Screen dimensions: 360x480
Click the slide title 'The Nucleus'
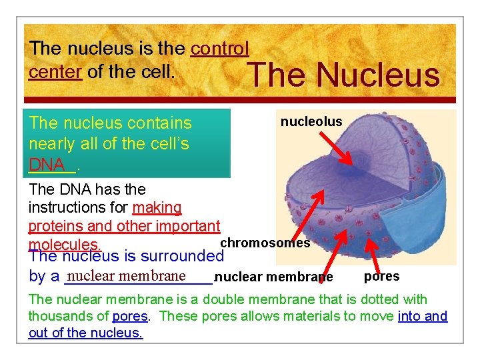344,74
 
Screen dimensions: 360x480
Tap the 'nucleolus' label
311,121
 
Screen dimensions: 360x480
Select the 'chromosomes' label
265,243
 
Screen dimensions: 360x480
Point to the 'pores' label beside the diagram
382,276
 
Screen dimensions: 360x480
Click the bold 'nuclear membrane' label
274,277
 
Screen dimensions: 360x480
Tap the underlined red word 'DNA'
47,164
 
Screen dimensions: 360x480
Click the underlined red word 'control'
220,48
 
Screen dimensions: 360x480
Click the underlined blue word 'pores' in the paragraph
130,316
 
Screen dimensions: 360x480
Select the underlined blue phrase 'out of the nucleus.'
85,333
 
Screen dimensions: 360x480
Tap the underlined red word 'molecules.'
64,245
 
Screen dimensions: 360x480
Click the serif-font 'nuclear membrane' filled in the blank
127,276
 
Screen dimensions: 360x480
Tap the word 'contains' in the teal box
161,123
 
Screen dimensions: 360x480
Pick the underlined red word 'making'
157,208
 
